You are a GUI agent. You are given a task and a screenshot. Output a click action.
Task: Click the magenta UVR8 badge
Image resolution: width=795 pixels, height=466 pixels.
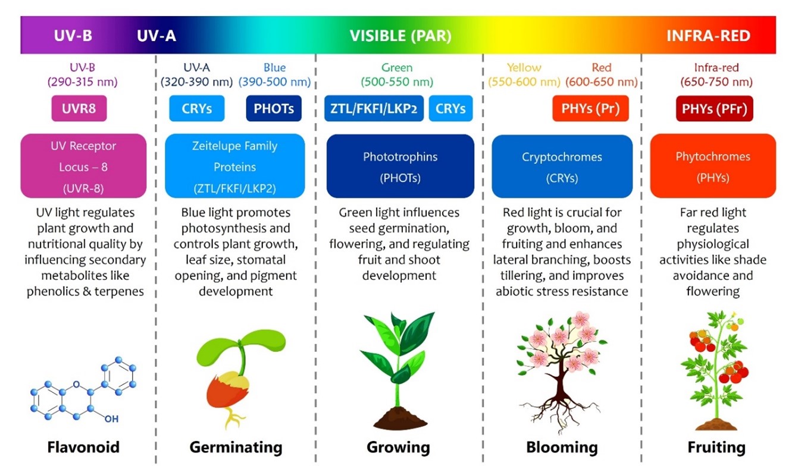[79, 109]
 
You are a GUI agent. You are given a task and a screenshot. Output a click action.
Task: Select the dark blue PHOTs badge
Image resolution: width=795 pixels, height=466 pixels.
[274, 109]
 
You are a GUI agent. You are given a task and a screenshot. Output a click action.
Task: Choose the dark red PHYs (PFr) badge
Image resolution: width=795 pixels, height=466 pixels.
[714, 109]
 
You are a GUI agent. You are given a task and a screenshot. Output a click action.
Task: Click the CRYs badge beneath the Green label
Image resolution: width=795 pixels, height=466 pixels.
[450, 109]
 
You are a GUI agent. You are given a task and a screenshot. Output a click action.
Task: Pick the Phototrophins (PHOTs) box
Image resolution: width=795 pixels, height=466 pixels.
[400, 166]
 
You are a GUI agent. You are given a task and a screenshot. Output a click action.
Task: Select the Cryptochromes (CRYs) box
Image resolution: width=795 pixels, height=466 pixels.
[562, 166]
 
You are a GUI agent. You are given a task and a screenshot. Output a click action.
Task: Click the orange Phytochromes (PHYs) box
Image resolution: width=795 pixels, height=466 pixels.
[713, 166]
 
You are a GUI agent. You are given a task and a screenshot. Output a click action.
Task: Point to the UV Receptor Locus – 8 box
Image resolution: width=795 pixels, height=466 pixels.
[83, 166]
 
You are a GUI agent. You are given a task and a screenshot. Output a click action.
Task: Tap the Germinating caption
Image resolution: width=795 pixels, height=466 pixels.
[236, 447]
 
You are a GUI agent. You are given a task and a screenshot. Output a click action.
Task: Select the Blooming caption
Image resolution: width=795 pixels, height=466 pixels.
[562, 447]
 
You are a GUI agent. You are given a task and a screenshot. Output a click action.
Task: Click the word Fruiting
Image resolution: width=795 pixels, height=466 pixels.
[716, 447]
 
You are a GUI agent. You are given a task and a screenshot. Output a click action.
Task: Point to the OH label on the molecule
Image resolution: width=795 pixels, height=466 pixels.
[111, 419]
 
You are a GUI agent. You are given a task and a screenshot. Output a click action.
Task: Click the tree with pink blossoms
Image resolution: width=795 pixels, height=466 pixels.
[562, 369]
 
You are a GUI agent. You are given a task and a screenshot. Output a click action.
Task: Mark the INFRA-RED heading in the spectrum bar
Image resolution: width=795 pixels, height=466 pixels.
[708, 36]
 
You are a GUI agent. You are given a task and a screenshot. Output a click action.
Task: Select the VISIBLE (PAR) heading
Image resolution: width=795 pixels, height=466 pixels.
[400, 36]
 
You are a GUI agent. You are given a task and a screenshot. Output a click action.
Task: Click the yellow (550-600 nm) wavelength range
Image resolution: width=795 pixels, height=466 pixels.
[524, 82]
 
